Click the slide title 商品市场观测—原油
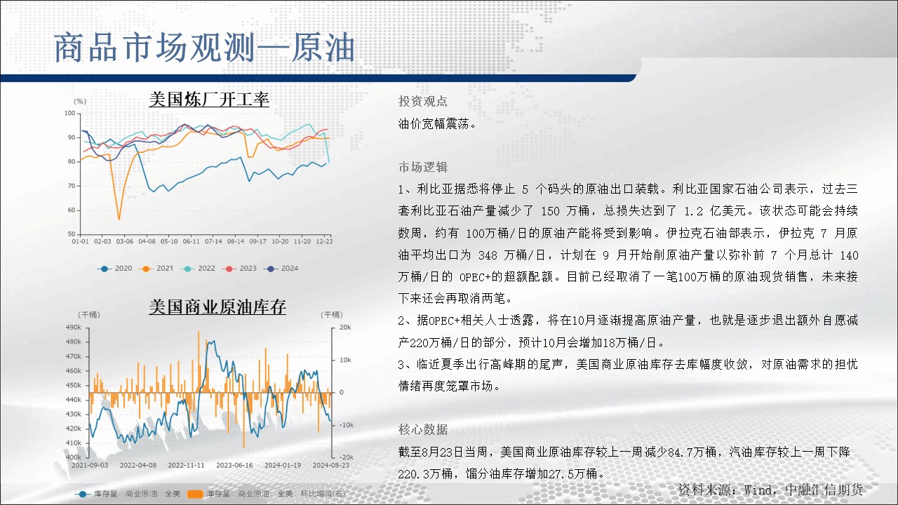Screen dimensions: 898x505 click(204, 48)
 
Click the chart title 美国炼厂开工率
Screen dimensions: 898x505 click(209, 100)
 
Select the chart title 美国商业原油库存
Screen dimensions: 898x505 click(217, 307)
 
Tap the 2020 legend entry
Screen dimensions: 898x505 click(114, 269)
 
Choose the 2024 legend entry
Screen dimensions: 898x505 click(281, 269)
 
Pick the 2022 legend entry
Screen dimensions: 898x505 click(198, 269)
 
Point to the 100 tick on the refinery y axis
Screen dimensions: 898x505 click(69, 113)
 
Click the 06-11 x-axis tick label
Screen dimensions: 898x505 click(191, 241)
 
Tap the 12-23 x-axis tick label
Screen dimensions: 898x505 click(324, 241)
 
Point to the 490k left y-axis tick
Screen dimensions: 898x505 click(74, 328)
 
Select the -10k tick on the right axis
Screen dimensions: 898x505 click(347, 425)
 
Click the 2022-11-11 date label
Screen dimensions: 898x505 click(186, 465)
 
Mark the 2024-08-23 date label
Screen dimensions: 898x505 click(330, 465)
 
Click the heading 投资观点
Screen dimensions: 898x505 click(423, 102)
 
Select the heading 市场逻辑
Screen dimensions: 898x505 click(423, 167)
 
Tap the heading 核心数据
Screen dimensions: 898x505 click(423, 430)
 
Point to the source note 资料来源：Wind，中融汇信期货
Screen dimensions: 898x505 click(770, 490)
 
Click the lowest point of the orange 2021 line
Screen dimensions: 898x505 click(119, 220)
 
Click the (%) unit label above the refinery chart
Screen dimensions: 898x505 click(80, 102)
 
